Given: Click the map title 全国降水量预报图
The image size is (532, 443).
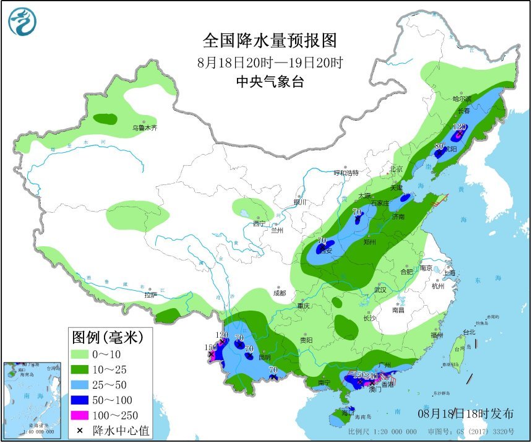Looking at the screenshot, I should click(270, 41).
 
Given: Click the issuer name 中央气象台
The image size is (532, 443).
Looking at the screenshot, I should click(270, 82).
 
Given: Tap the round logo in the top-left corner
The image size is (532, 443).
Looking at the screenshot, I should click(22, 22).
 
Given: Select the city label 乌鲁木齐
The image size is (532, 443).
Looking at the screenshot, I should click(145, 128).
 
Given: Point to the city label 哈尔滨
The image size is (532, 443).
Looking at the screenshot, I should click(461, 98).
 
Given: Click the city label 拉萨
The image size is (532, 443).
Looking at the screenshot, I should click(151, 295).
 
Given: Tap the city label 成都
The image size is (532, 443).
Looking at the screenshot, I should click(280, 293).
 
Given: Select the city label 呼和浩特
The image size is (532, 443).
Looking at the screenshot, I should click(346, 173).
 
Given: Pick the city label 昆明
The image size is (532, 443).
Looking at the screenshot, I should click(265, 358).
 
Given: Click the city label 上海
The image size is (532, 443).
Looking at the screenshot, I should click(449, 273).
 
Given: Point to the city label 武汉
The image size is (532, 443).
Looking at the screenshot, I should click(380, 290).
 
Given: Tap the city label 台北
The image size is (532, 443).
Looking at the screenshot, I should click(468, 332).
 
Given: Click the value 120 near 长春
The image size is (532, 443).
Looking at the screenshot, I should click(458, 126).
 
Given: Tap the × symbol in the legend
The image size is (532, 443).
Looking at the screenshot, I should click(80, 430).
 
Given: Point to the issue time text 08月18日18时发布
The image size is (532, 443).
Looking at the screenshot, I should click(465, 413).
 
